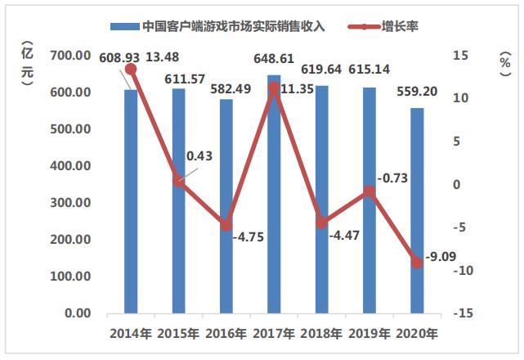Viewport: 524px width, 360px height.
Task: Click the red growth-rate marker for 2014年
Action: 131,70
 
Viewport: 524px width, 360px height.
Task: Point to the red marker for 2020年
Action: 417,263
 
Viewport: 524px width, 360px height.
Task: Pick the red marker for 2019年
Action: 369,191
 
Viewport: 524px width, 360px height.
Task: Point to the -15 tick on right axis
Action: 462,313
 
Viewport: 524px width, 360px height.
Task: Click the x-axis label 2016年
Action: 226,334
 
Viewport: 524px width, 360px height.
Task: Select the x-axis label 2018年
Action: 321,334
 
